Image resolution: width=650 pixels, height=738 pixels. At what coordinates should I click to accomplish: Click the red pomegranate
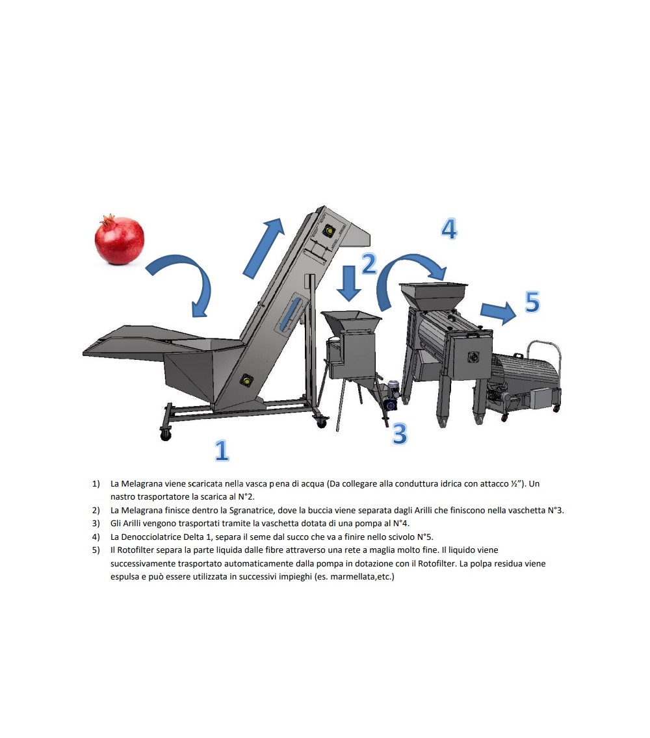[119, 240]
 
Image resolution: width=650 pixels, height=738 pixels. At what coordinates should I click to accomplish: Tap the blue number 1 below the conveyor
[222, 450]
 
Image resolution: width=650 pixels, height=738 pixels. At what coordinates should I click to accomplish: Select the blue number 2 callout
[369, 264]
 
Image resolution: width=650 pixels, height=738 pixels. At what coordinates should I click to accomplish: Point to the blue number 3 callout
[399, 433]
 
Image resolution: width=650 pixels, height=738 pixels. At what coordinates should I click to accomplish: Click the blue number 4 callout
[449, 229]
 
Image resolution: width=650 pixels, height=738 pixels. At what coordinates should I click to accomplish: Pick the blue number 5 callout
[532, 302]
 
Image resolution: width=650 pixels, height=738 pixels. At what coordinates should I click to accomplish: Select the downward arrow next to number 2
[349, 283]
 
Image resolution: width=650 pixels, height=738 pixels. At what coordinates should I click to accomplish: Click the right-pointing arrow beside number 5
[499, 312]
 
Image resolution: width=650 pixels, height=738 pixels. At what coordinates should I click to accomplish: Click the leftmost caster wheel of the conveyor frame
[165, 435]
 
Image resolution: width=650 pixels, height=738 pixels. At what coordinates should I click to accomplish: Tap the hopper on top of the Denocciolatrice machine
[434, 295]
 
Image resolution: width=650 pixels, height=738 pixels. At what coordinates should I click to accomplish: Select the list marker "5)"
[96, 550]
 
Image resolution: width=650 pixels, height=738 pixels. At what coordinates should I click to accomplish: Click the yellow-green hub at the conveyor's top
[328, 231]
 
